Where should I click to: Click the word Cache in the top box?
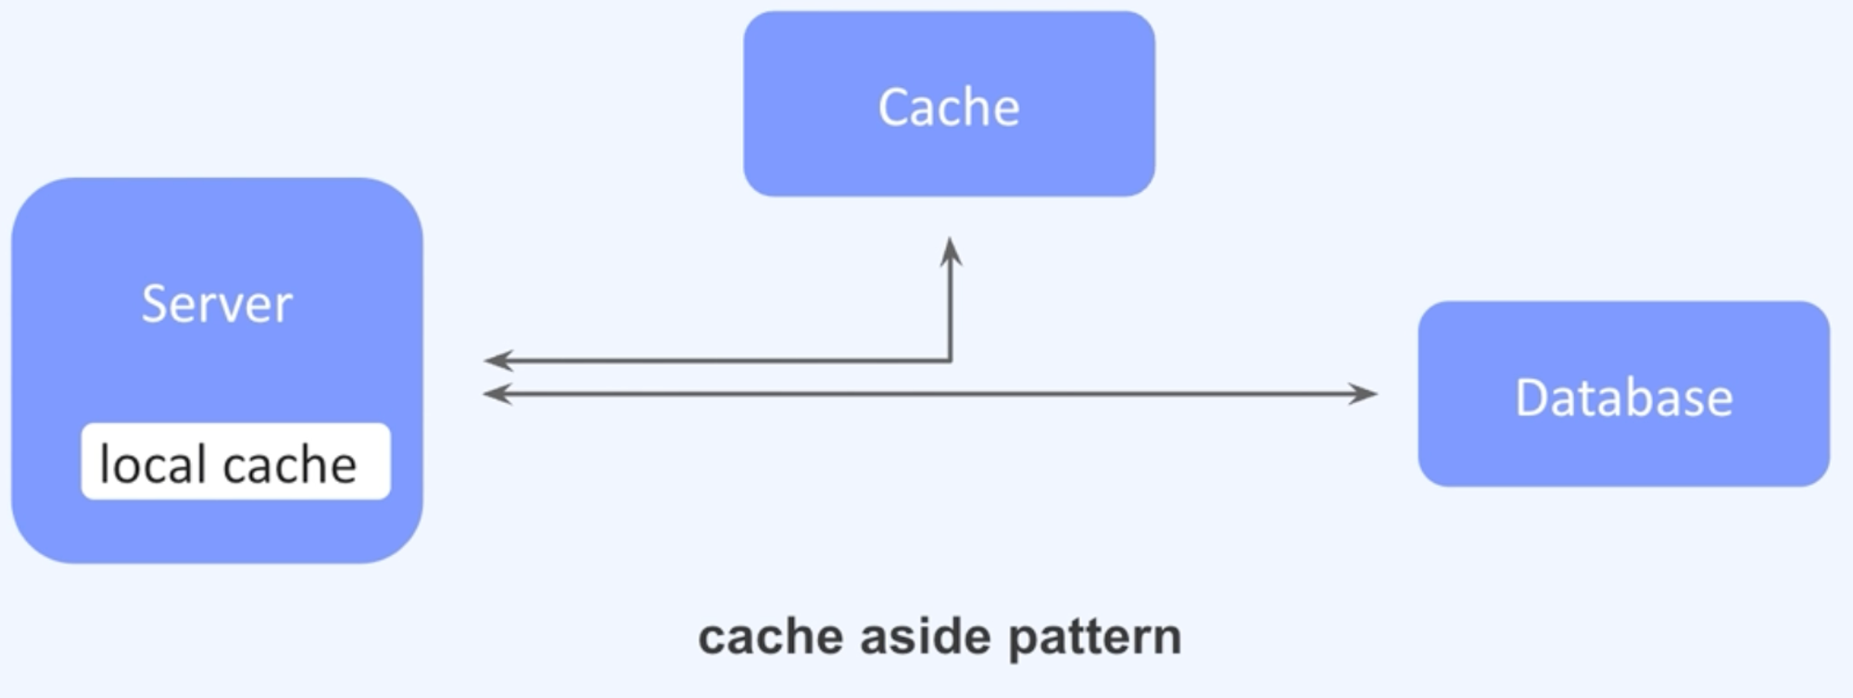pyautogui.click(x=949, y=107)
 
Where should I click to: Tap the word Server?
pyautogui.click(x=217, y=304)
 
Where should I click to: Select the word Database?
pyautogui.click(x=1623, y=398)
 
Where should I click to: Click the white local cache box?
pyautogui.click(x=235, y=461)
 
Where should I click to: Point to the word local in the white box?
pyautogui.click(x=152, y=463)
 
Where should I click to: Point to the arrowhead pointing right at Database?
pyautogui.click(x=1366, y=394)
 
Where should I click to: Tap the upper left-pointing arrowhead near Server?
pyautogui.click(x=496, y=360)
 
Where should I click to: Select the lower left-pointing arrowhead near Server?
pyautogui.click(x=496, y=394)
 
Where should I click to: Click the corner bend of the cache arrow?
pyautogui.click(x=951, y=360)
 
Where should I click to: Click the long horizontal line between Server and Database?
pyautogui.click(x=926, y=394)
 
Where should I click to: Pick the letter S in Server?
pyautogui.click(x=154, y=304)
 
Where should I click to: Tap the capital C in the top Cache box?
pyautogui.click(x=894, y=107)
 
